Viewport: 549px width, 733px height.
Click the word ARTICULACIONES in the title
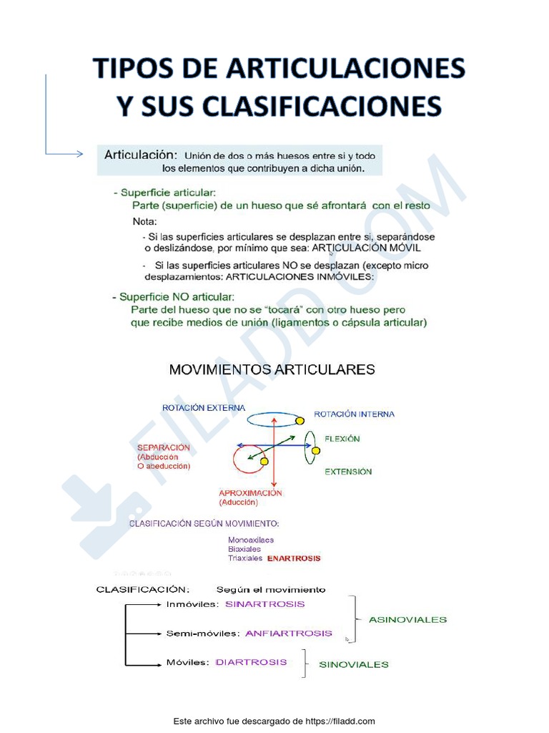346,69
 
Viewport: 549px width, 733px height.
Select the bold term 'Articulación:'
140,155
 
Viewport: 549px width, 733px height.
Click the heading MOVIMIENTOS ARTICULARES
272,370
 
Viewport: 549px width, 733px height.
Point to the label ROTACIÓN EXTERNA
204,408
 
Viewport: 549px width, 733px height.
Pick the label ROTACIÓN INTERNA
354,414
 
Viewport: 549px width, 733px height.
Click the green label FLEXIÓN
342,439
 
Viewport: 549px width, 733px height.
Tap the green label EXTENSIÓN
348,472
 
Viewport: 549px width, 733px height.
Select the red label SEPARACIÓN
164,447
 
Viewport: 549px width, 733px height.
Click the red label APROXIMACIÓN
250,492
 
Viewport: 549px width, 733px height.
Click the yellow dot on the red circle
264,462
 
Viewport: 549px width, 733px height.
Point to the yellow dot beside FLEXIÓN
315,450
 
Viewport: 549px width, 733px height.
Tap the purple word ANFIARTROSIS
288,633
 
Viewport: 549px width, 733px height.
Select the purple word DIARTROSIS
251,662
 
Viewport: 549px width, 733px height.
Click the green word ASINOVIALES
407,619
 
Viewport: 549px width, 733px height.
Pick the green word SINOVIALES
354,664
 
